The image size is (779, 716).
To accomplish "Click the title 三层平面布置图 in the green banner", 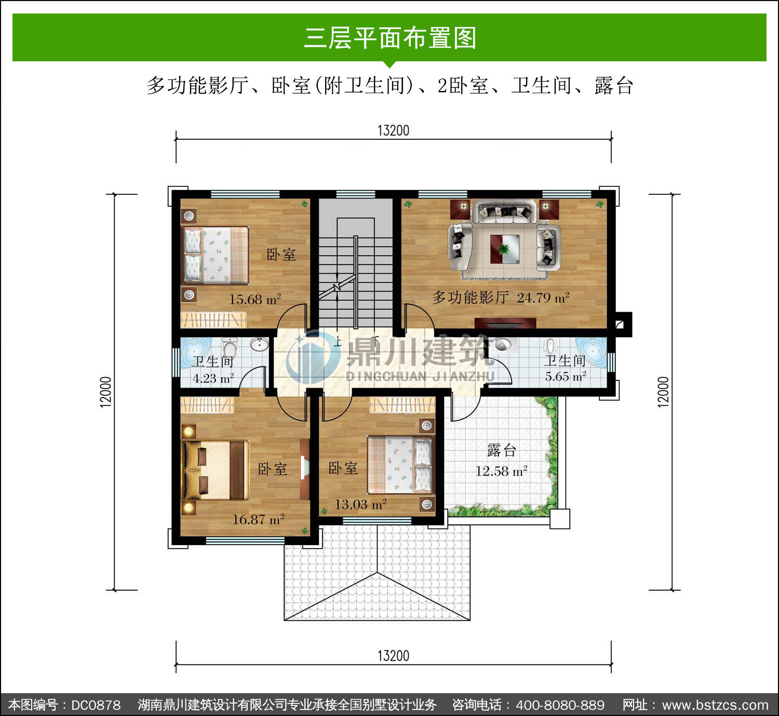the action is pos(390,38).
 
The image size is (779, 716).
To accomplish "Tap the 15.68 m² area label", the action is pos(255,299).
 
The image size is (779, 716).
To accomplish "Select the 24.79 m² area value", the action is pos(543,298).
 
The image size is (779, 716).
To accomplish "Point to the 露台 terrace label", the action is pos(501,450).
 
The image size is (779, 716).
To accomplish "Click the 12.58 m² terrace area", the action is pos(501,471).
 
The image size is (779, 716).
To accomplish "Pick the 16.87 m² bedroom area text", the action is pos(258,519).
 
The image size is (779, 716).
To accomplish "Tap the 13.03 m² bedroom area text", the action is pos(360,505).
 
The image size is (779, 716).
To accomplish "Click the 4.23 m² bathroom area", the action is pos(213,378).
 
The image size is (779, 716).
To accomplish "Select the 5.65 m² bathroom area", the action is pos(566,376).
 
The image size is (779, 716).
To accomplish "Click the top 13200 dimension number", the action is pos(393,130).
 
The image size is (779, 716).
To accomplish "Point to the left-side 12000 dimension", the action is pos(105,392).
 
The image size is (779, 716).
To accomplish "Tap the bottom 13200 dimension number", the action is pos(393,656).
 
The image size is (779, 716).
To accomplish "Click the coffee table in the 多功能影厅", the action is pos(504,249).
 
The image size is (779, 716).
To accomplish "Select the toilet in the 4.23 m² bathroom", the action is pos(230,347).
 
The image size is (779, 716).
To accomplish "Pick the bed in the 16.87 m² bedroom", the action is pos(216,470).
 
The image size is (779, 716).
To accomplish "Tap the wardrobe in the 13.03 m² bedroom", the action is pos(402,405).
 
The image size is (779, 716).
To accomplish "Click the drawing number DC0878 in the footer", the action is pos(96,705).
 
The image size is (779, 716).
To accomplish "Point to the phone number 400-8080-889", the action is pos(560,705).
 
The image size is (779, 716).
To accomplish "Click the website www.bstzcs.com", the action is pos(715,705).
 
